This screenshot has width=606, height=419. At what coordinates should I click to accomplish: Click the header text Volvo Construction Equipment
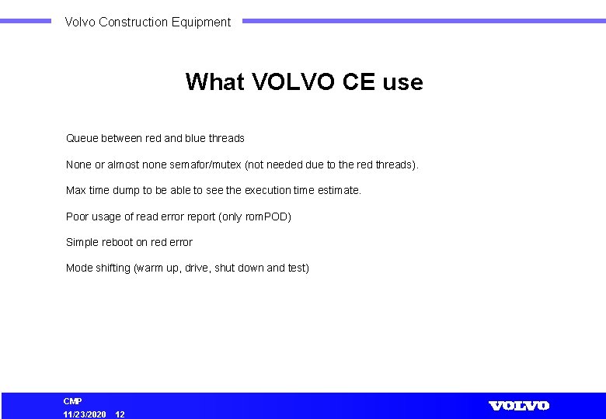tap(148, 23)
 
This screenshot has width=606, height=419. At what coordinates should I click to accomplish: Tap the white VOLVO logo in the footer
tap(518, 406)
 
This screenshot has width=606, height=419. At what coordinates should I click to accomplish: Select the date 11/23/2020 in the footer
tap(85, 414)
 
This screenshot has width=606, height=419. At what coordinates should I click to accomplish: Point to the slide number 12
tap(120, 414)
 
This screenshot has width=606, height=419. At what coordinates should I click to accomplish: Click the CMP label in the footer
tap(72, 401)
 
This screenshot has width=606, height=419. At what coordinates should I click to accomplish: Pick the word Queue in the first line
tap(82, 139)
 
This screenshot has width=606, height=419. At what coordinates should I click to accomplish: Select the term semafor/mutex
tap(207, 164)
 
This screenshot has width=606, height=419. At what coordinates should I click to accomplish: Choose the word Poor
tap(78, 216)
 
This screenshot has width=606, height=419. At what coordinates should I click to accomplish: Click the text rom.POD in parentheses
tap(266, 216)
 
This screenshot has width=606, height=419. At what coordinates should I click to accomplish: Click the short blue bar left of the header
tap(26, 22)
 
